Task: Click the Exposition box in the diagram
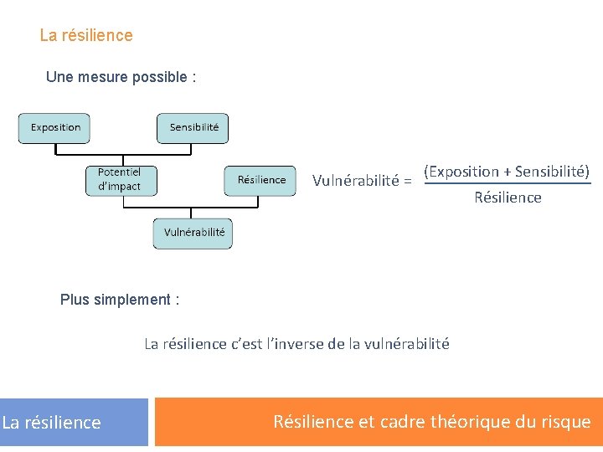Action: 55,128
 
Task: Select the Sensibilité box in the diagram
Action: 193,128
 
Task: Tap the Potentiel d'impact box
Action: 120,179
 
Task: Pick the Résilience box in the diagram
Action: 260,180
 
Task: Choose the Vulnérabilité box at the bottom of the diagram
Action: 193,233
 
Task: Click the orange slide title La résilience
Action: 86,35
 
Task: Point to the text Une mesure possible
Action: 121,77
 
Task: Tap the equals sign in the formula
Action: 407,181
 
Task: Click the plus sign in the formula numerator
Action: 507,172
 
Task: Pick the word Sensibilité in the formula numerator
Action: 551,172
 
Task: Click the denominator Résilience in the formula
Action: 508,198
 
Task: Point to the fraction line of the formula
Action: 508,184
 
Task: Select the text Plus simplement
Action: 119,300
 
